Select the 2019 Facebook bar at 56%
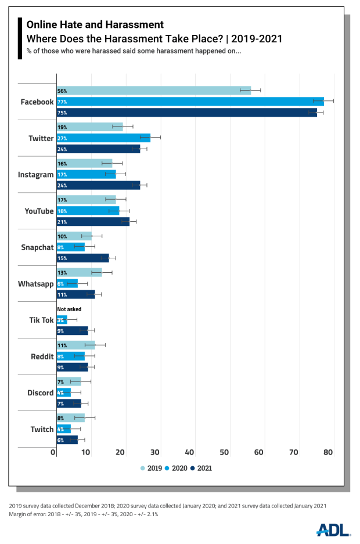(153, 91)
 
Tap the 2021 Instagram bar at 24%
(98, 185)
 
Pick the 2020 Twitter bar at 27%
(103, 138)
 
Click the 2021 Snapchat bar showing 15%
(82, 258)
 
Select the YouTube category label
(38, 211)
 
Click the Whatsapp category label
(35, 284)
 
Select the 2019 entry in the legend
(152, 468)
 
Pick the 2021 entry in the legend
(201, 468)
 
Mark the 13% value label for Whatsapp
(62, 273)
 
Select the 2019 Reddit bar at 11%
(75, 345)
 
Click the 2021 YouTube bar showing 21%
(93, 222)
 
